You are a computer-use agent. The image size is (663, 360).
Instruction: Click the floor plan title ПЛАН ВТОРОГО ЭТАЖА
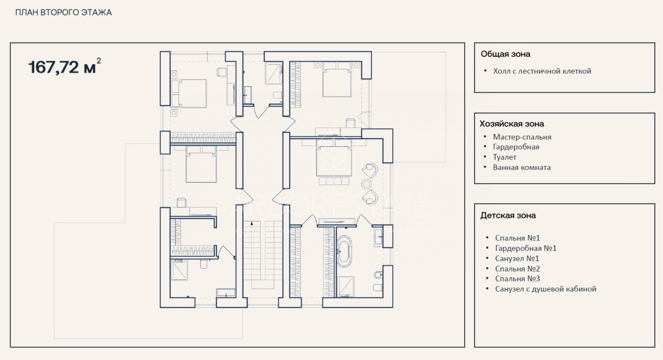(x=64, y=13)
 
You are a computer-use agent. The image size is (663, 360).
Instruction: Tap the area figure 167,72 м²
(x=65, y=66)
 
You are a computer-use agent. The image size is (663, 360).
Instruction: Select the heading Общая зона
(x=505, y=54)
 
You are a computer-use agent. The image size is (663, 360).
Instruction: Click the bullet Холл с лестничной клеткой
(x=542, y=71)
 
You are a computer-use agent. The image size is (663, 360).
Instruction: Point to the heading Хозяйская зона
(x=512, y=124)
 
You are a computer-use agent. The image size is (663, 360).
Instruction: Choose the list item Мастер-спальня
(x=522, y=137)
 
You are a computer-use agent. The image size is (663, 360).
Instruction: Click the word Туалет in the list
(x=504, y=157)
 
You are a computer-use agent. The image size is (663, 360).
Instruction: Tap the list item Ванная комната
(x=522, y=167)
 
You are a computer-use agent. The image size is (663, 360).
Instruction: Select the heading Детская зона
(x=508, y=215)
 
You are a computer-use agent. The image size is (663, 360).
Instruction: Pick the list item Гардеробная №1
(x=525, y=248)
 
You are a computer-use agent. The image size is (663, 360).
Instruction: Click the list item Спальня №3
(x=517, y=279)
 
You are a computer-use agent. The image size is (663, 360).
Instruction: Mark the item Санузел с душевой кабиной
(x=545, y=289)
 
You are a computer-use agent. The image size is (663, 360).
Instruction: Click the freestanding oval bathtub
(x=344, y=251)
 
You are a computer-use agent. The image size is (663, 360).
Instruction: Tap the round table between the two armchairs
(x=366, y=184)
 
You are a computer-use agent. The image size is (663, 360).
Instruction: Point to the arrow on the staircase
(x=251, y=223)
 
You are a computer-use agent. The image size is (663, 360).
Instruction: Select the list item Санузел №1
(x=517, y=258)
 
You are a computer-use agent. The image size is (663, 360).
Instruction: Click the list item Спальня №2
(x=517, y=269)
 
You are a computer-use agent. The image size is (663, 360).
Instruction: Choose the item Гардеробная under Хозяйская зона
(x=516, y=147)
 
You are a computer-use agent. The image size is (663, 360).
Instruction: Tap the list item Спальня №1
(x=517, y=238)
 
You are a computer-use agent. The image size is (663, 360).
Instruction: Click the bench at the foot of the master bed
(x=334, y=181)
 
